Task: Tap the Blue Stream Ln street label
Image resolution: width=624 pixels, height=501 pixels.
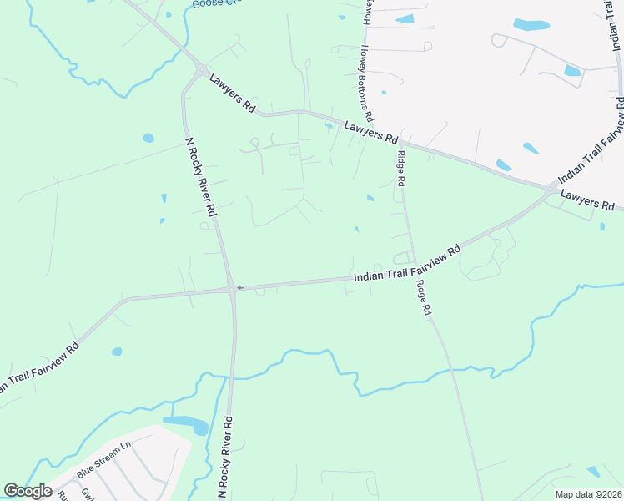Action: (105, 459)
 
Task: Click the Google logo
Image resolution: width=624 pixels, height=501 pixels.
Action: (28, 491)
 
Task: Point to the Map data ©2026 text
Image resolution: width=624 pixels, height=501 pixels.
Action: (588, 494)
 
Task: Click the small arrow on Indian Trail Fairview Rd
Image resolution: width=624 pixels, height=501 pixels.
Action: (240, 288)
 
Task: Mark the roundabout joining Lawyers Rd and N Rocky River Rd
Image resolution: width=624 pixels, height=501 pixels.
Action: (202, 71)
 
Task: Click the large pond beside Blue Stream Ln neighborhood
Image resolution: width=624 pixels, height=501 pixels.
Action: (189, 425)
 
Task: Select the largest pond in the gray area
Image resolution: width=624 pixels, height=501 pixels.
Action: (531, 24)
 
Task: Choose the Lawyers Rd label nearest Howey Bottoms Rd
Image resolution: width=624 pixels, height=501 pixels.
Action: (371, 132)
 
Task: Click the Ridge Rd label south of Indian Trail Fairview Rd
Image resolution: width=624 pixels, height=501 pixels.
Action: (425, 296)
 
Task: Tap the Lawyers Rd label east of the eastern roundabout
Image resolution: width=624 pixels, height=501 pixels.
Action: (588, 200)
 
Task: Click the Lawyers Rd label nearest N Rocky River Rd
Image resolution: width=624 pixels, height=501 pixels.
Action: (233, 94)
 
